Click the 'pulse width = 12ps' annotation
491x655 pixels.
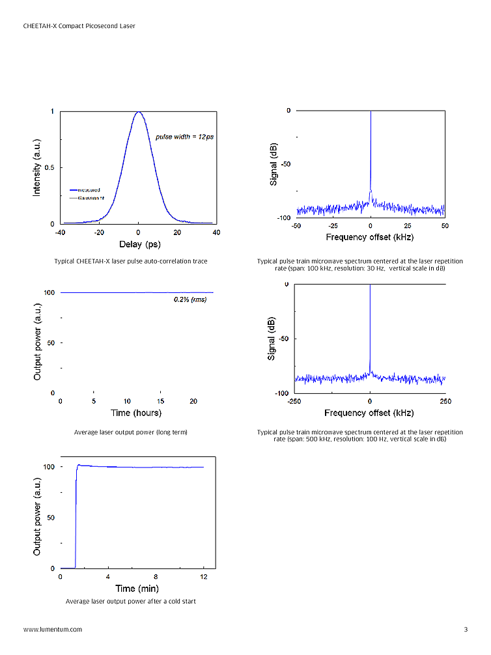184,137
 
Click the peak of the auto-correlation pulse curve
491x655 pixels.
138,112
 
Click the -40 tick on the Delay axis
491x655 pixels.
60,232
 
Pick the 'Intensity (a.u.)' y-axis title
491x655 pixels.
37,167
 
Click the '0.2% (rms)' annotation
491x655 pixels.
190,300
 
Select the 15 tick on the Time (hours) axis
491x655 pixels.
161,401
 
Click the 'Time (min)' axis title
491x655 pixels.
135,589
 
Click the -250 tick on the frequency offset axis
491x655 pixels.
295,401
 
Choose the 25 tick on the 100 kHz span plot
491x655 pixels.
408,225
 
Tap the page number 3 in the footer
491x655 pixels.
466,630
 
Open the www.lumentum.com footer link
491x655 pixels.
53,630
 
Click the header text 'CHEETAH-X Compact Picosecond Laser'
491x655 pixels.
83,26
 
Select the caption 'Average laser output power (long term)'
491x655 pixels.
131,432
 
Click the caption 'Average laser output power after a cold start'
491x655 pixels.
130,602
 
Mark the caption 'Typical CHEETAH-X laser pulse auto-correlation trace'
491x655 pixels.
131,261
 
